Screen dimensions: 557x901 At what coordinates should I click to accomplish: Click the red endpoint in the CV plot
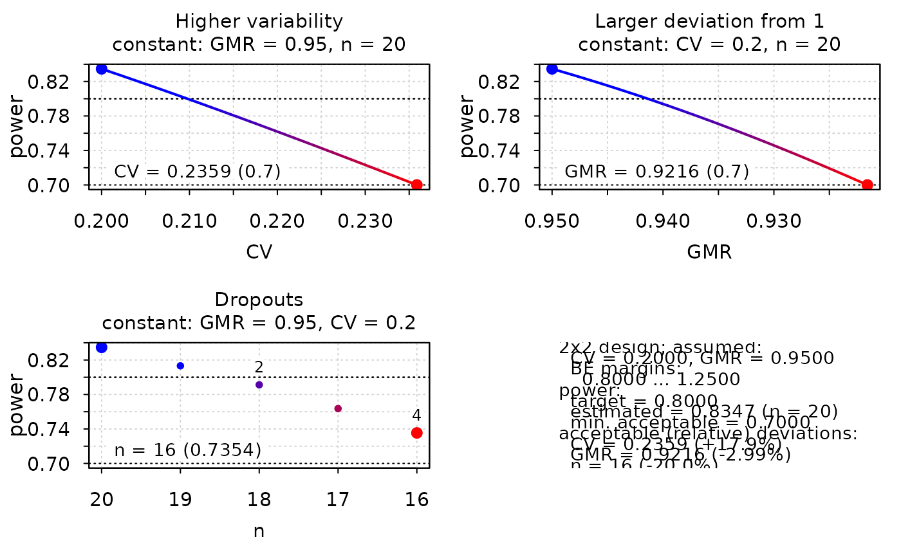pyautogui.click(x=416, y=185)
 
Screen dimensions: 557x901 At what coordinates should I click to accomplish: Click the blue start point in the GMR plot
pyautogui.click(x=552, y=69)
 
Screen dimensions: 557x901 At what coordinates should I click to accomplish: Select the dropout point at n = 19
pyautogui.click(x=180, y=366)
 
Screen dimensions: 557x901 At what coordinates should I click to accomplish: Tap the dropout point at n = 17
pyautogui.click(x=338, y=408)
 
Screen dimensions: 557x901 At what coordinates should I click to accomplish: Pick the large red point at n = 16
pyautogui.click(x=416, y=433)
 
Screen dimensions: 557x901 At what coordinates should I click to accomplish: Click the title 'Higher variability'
pyautogui.click(x=259, y=21)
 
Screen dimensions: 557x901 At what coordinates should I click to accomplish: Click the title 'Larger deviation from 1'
pyautogui.click(x=710, y=21)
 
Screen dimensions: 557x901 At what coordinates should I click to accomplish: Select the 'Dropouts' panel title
pyautogui.click(x=259, y=300)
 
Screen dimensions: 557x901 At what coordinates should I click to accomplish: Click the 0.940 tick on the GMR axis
pyautogui.click(x=663, y=222)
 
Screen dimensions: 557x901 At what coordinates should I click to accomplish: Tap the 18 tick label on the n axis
pyautogui.click(x=259, y=500)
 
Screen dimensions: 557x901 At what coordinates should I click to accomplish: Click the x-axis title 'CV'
pyautogui.click(x=259, y=252)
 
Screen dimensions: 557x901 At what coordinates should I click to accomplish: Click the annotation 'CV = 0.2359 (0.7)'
pyautogui.click(x=198, y=172)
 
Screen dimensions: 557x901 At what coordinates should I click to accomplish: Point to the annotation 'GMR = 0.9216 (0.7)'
pyautogui.click(x=657, y=172)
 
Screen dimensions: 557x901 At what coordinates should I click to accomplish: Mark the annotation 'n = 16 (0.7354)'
pyautogui.click(x=188, y=450)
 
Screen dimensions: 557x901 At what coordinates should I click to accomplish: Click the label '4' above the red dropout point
pyautogui.click(x=416, y=415)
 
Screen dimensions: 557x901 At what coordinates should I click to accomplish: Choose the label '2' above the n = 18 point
pyautogui.click(x=259, y=367)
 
